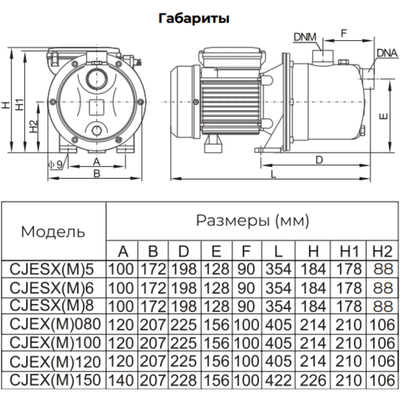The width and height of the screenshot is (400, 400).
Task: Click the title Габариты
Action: pyautogui.click(x=194, y=19)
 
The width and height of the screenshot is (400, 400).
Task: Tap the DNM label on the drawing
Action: pyautogui.click(x=305, y=37)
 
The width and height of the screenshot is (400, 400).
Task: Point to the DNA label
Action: pyautogui.click(x=387, y=53)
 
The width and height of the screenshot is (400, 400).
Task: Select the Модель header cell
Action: pyautogui.click(x=53, y=232)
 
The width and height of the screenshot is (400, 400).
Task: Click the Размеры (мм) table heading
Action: pyautogui.click(x=252, y=221)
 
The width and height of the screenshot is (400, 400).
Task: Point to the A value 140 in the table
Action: pyautogui.click(x=122, y=380)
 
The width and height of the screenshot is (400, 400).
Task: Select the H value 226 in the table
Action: pyautogui.click(x=313, y=380)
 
